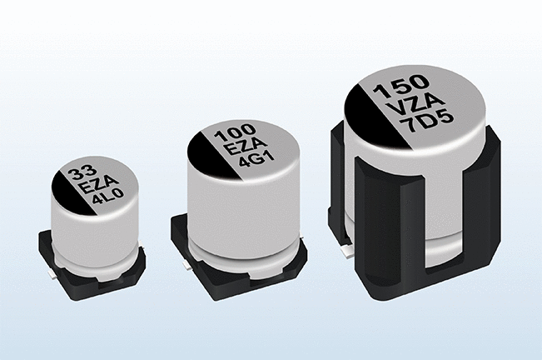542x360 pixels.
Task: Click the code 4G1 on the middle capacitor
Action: tap(256, 159)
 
